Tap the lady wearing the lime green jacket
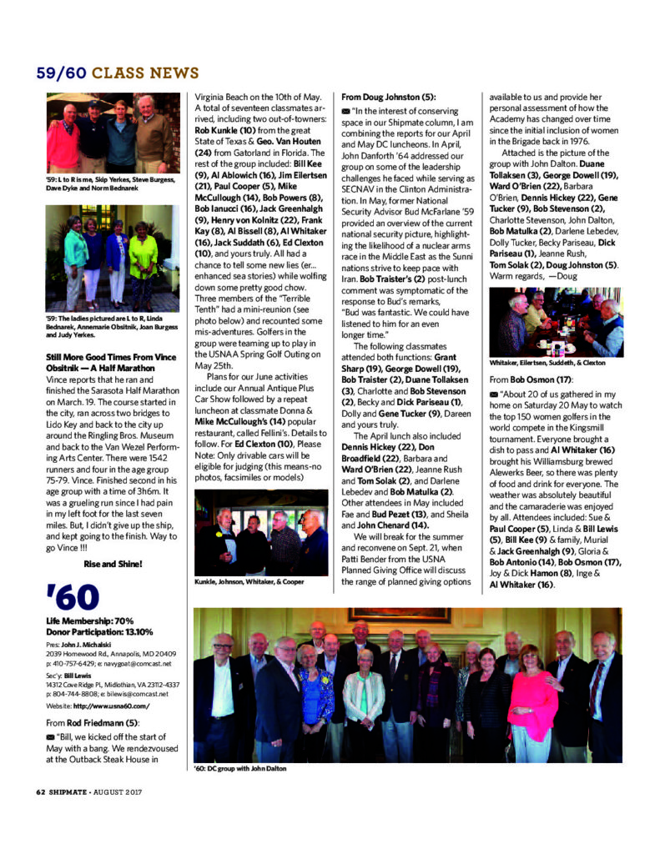click(x=143, y=259)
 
